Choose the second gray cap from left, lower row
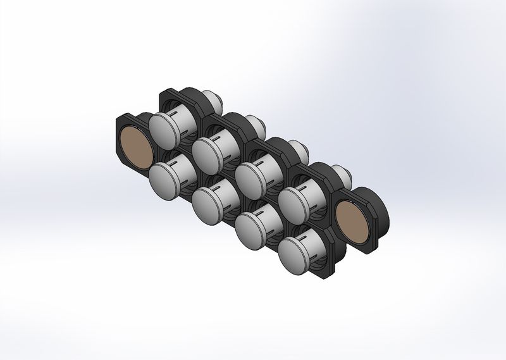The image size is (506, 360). [x=208, y=203]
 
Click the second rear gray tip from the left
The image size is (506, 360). [x=256, y=121]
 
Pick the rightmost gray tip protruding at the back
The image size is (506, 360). [x=341, y=171]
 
